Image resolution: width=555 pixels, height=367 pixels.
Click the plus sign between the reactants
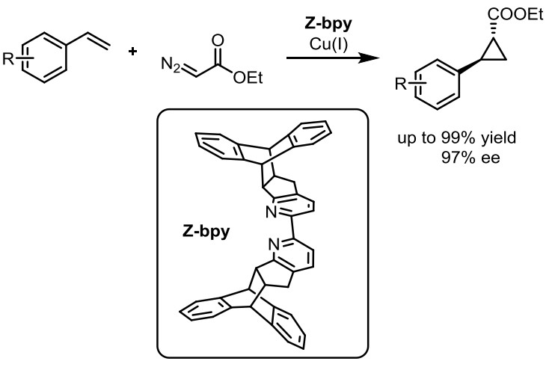click(x=135, y=55)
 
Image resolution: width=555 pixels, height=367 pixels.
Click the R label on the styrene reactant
click(x=10, y=59)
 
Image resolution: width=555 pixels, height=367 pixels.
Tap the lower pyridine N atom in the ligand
click(x=275, y=244)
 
